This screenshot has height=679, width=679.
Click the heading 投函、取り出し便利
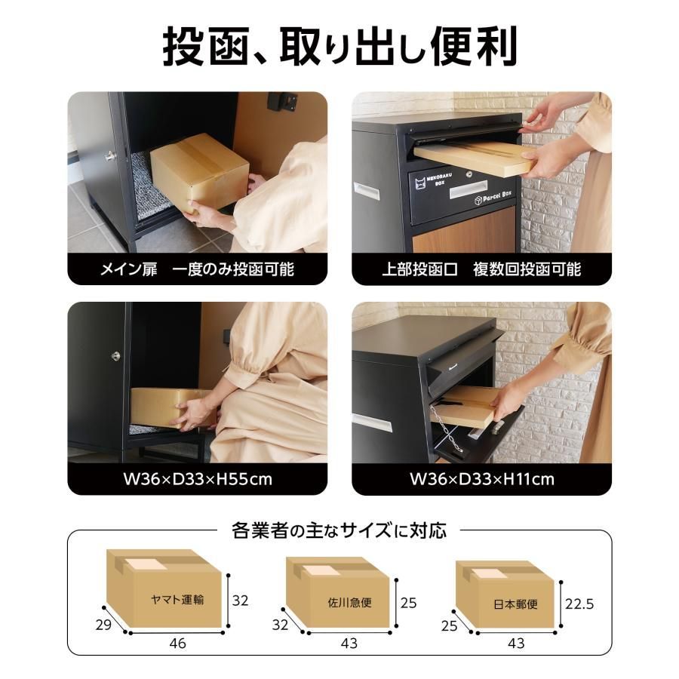pyautogui.click(x=339, y=47)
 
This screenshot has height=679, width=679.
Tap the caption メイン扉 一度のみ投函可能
pyautogui.click(x=197, y=269)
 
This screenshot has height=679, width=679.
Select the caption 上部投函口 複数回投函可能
pyautogui.click(x=481, y=269)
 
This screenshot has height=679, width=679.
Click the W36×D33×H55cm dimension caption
pyautogui.click(x=197, y=479)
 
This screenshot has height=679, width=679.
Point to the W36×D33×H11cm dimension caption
pyautogui.click(x=481, y=479)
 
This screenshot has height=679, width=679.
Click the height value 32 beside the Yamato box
pyautogui.click(x=240, y=601)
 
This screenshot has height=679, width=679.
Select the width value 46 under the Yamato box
pyautogui.click(x=177, y=644)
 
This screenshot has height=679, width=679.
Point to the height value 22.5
pyautogui.click(x=579, y=604)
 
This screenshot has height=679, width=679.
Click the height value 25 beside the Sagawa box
pyautogui.click(x=408, y=604)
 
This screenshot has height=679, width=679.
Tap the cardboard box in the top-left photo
pyautogui.click(x=200, y=172)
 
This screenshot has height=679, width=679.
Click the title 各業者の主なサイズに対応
pyautogui.click(x=339, y=530)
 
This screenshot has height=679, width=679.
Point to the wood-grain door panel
pyautogui.click(x=464, y=238)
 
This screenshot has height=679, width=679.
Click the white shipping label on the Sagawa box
pyautogui.click(x=320, y=570)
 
